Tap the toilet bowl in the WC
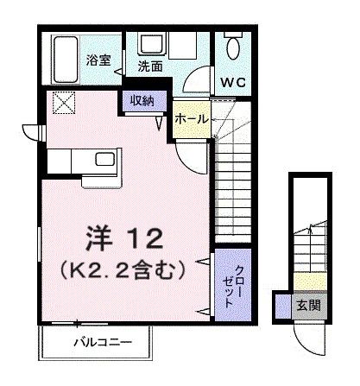(233, 47)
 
